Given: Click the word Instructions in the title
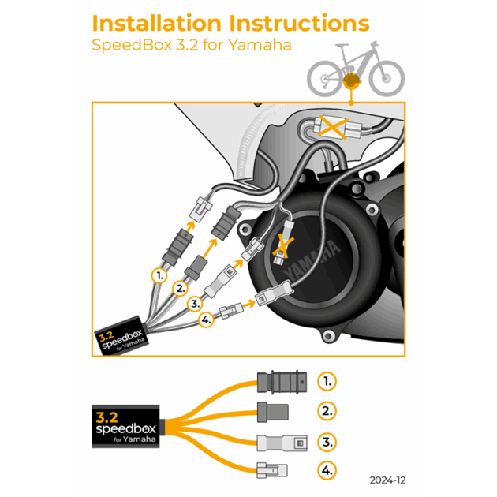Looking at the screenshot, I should tap(293, 24).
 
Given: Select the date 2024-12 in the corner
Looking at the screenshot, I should tap(387, 479).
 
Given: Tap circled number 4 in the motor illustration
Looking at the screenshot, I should tap(205, 320).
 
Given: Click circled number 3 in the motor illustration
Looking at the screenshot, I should tap(194, 303).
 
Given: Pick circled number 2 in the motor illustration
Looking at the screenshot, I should tap(181, 288).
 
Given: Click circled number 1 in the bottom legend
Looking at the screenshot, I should tap(327, 381).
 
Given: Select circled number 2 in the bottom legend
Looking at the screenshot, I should tap(327, 411).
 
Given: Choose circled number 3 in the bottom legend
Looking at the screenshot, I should tap(327, 441).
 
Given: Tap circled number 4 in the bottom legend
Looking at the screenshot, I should tap(327, 471).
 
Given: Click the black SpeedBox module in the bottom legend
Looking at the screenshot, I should tap(125, 426).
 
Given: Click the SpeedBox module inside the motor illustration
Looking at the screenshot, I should tap(121, 337).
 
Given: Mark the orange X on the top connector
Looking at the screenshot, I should tap(332, 126).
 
